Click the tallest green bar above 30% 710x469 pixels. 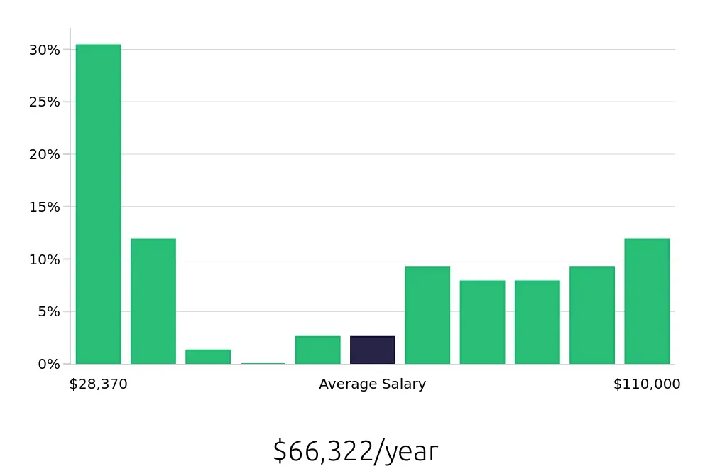point(98,204)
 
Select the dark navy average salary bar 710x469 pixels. point(373,350)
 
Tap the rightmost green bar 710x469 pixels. point(647,301)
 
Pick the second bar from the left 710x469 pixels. point(153,301)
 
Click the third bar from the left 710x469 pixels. point(208,357)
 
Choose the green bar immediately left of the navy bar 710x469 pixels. point(318,350)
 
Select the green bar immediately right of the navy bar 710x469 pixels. point(427,315)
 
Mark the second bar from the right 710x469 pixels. point(592,315)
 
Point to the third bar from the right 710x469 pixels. point(537,322)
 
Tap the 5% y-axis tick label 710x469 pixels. point(44,311)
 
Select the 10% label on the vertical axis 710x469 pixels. point(44,259)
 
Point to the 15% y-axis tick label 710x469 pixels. point(44,207)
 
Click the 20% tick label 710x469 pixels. point(44,154)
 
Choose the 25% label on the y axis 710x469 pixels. point(44,102)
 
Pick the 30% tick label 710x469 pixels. point(44,50)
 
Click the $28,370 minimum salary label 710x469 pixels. point(98,384)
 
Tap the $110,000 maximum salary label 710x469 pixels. point(647,384)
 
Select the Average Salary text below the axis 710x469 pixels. point(372,384)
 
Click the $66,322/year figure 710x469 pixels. point(355,451)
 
